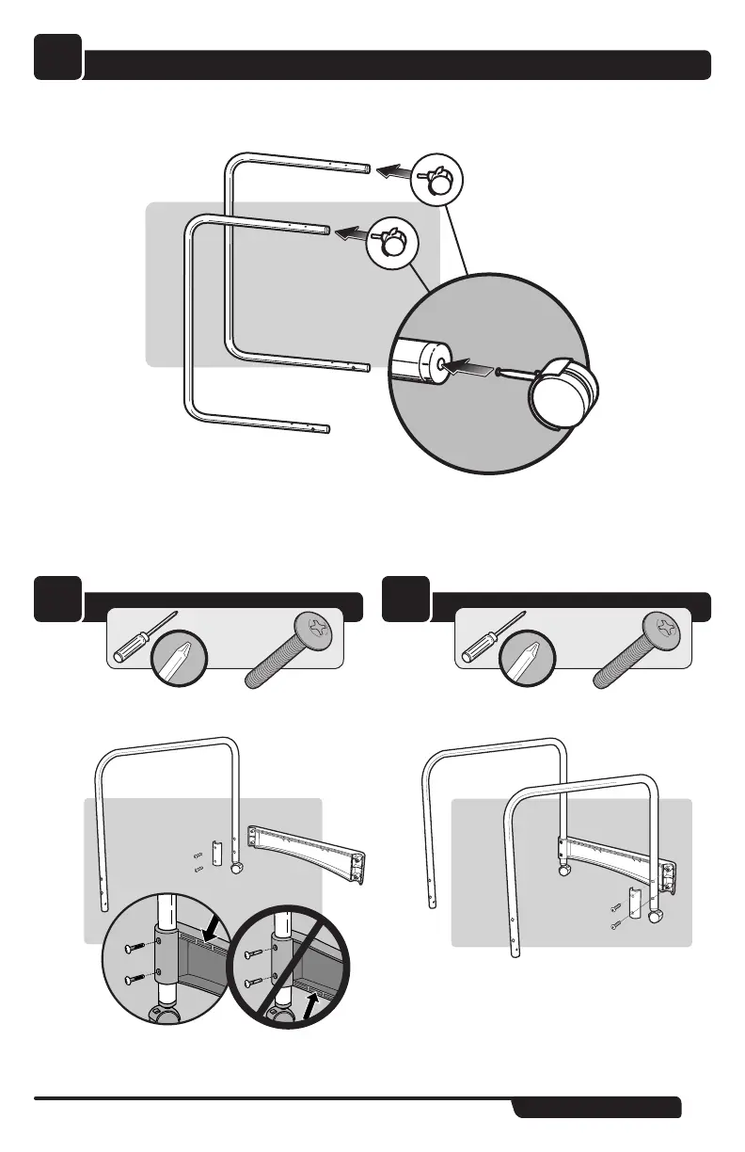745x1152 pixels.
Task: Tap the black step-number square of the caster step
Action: point(57,58)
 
